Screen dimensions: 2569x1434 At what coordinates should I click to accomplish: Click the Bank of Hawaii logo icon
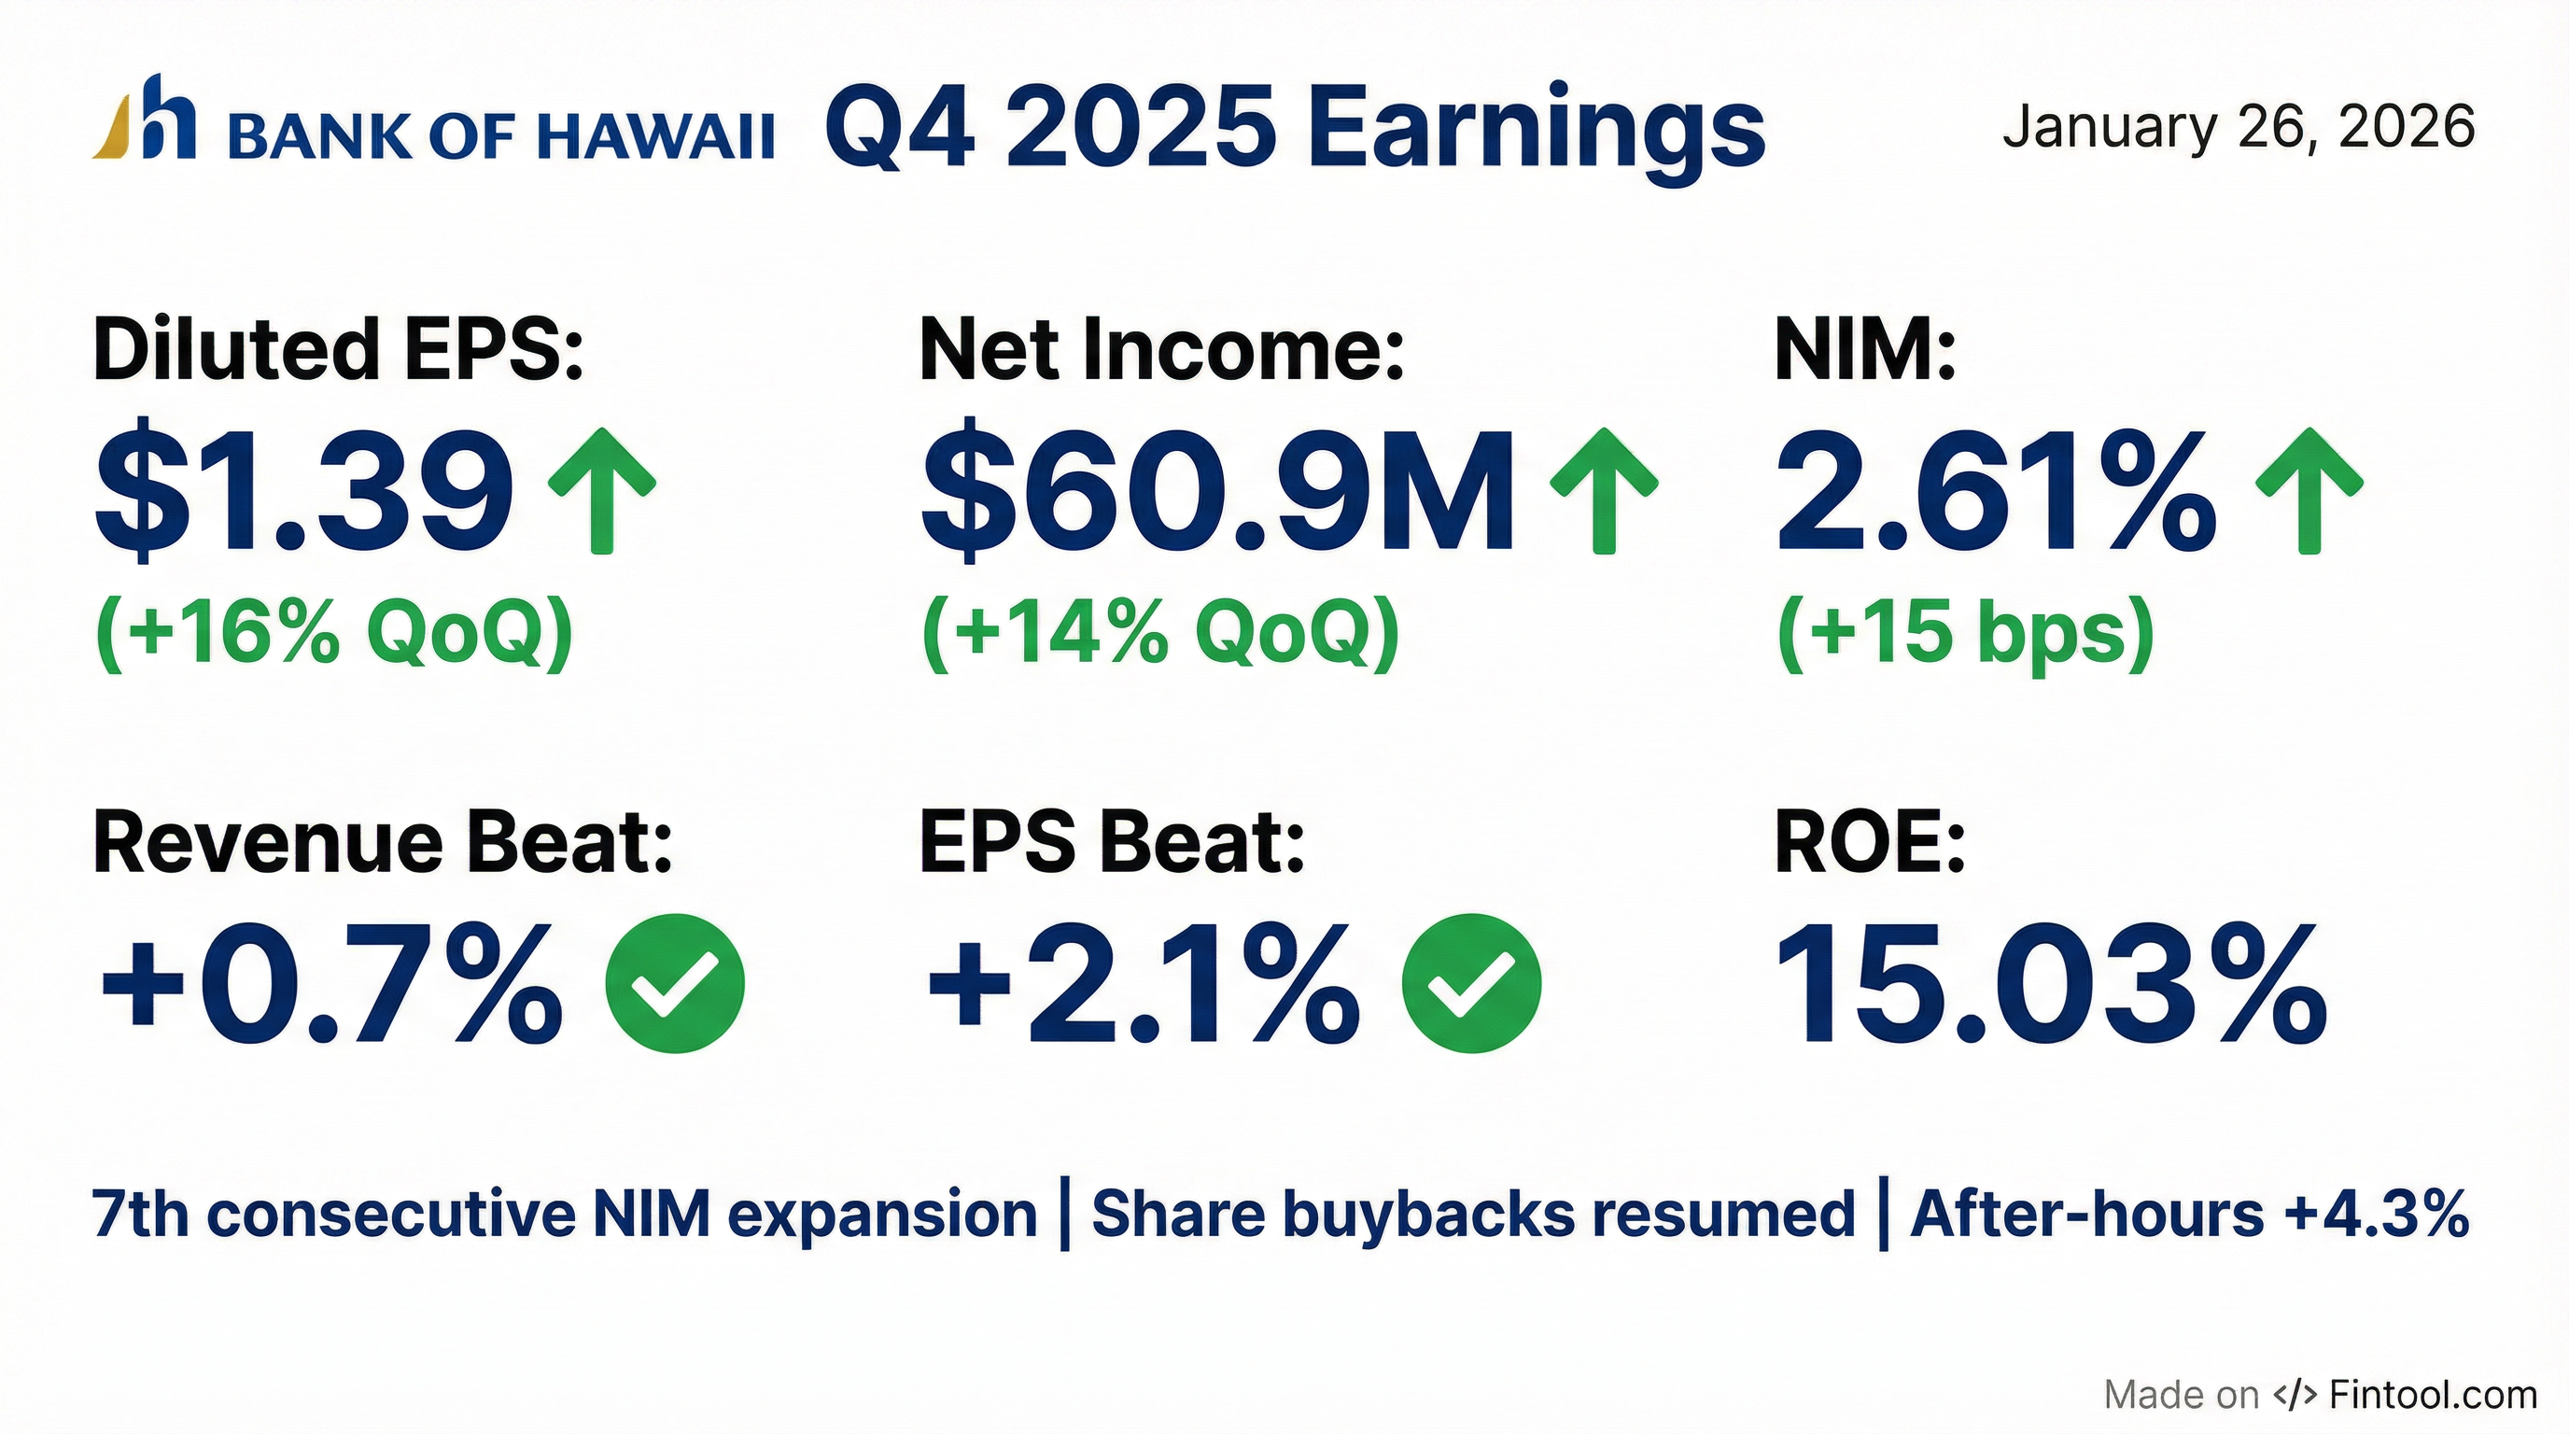144,117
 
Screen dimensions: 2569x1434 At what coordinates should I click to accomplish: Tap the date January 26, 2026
2239,129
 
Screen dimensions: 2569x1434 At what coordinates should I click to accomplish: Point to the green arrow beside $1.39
601,491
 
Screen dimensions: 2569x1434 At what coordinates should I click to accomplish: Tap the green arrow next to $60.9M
1604,491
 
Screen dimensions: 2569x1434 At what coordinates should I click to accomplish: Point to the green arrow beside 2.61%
2309,491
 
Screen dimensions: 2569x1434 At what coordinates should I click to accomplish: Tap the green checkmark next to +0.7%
675,983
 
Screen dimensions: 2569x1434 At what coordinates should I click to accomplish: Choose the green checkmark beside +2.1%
1471,983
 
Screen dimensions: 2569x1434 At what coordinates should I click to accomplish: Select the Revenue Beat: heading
383,844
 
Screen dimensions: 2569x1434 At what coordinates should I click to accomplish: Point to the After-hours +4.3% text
2190,1215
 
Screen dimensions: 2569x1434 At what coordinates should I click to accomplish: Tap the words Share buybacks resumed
1473,1215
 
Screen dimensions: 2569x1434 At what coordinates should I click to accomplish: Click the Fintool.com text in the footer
2435,1394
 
